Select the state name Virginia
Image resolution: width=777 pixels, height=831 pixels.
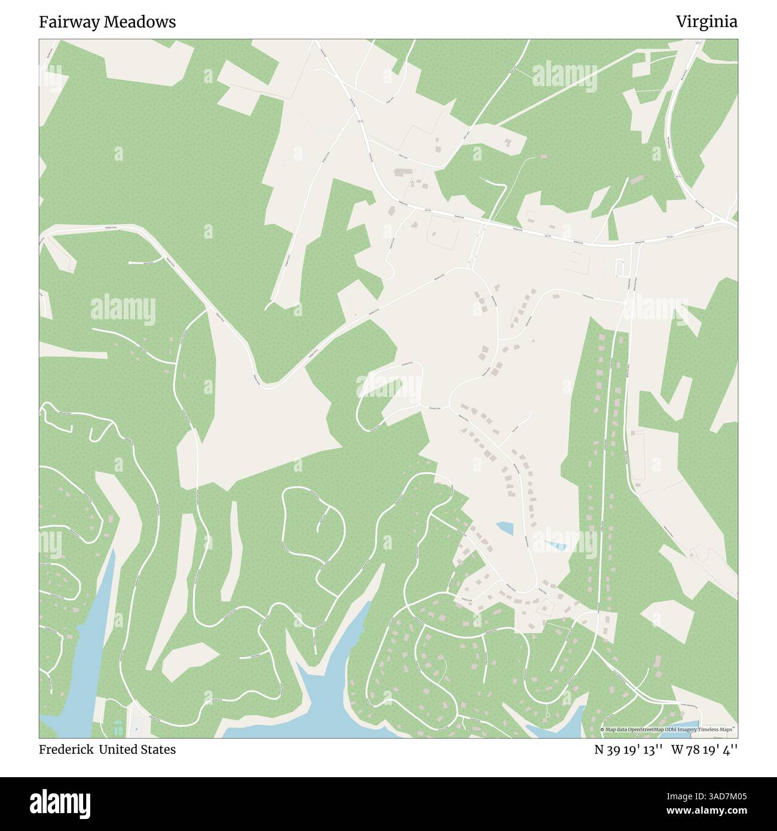[x=706, y=22]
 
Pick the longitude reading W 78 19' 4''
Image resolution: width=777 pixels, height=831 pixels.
[x=704, y=750]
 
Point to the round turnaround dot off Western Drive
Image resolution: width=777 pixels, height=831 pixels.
[x=130, y=263]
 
